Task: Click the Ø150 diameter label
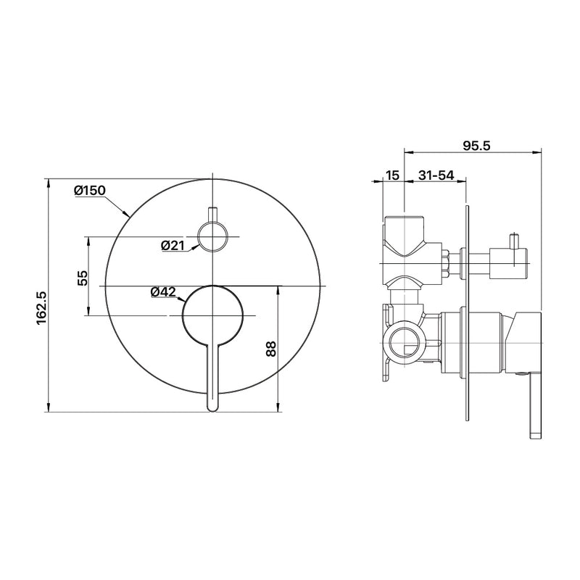(90, 191)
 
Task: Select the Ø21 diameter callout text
(173, 245)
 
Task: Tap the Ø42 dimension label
(163, 292)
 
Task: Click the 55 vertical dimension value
(83, 278)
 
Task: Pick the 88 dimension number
(270, 349)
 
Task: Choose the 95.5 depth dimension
(476, 146)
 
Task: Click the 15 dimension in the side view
(392, 175)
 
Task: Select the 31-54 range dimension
(436, 175)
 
